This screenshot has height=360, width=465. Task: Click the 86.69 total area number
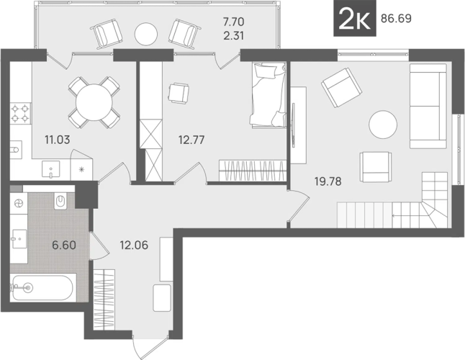click(x=396, y=19)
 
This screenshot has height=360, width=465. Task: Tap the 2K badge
click(x=355, y=19)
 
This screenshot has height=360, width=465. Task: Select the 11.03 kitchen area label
click(x=58, y=140)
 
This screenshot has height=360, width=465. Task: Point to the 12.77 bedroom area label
click(x=191, y=140)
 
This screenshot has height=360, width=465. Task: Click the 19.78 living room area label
click(x=328, y=181)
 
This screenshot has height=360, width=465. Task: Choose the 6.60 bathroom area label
click(x=64, y=246)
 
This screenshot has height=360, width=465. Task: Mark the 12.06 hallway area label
click(x=134, y=246)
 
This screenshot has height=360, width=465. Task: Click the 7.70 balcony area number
click(x=233, y=22)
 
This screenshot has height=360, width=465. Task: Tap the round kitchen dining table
click(x=94, y=103)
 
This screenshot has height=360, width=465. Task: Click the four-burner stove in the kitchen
click(x=21, y=113)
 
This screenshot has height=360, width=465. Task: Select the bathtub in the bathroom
click(x=42, y=287)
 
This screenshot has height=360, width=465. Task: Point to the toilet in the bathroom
click(x=60, y=202)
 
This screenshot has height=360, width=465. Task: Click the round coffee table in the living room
click(x=383, y=125)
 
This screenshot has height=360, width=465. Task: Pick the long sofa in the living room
click(x=428, y=106)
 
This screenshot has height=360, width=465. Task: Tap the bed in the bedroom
click(x=268, y=95)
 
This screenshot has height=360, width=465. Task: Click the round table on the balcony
click(x=145, y=34)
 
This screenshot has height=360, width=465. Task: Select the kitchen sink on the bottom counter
click(x=50, y=169)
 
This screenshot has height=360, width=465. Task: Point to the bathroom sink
click(x=19, y=239)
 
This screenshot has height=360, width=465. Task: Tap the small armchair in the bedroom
click(x=179, y=93)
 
